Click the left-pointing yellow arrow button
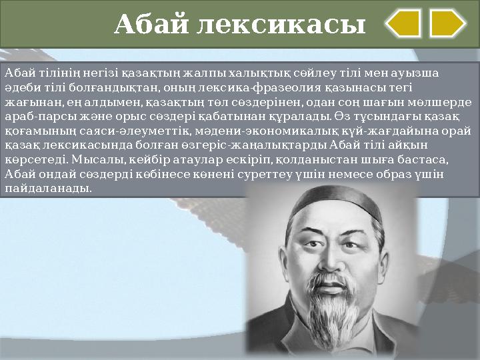click(404, 23)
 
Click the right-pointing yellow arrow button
click(447, 23)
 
